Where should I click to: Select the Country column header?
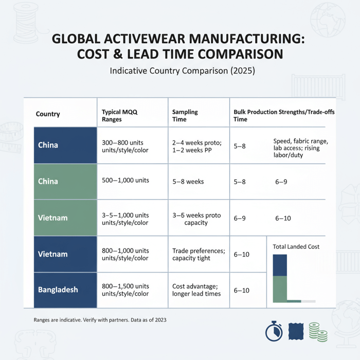pos(48,114)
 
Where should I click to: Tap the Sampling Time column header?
pos(185,115)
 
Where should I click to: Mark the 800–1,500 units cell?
pos(125,290)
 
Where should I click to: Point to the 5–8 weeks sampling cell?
pos(188,182)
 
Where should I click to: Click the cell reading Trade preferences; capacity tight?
pos(199,254)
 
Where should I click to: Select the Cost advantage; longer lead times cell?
pos(196,290)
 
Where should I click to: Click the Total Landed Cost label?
pos(296,247)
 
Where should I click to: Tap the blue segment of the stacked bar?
pos(279,265)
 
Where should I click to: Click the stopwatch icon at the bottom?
pos(274,332)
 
